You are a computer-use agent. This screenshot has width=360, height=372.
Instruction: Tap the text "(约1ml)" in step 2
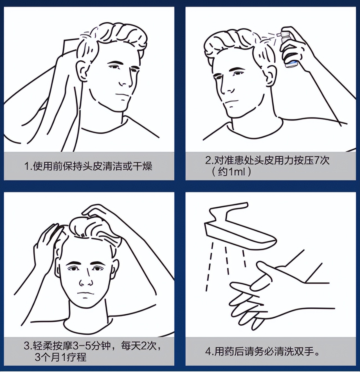[x=231, y=171]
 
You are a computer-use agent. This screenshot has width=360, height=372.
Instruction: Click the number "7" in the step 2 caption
[x=316, y=160]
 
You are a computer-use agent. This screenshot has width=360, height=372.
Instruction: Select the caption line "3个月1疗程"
[x=60, y=357]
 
